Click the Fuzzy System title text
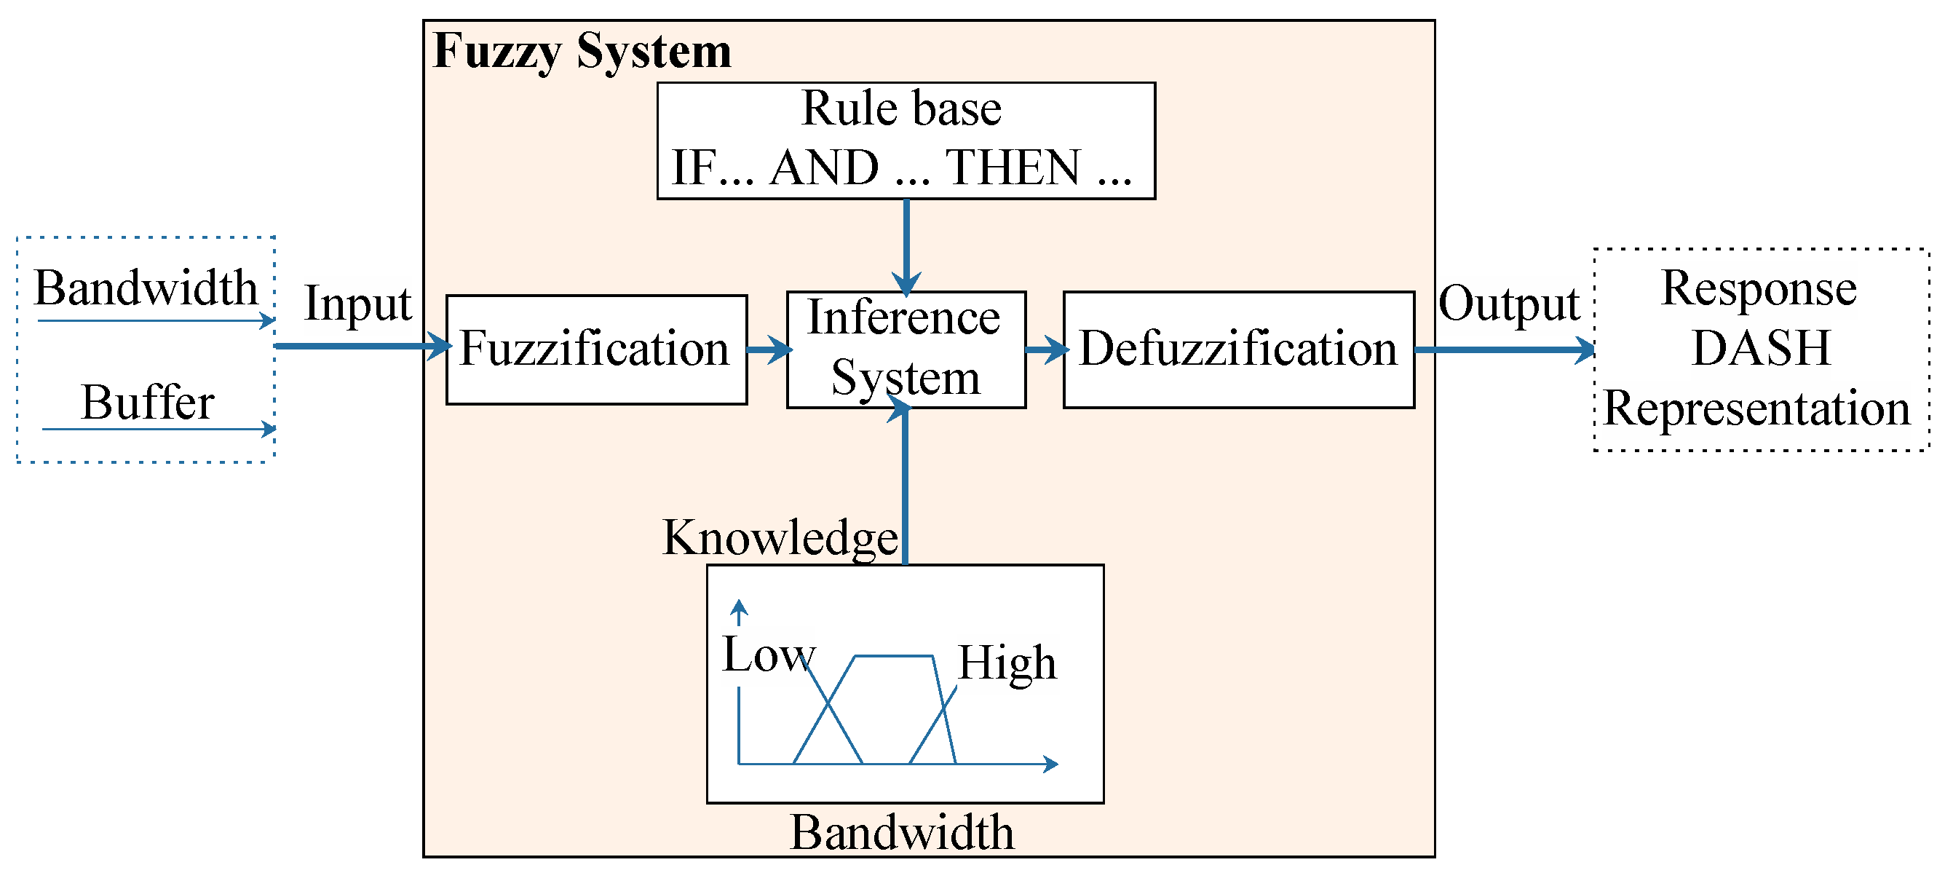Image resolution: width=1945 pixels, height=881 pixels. pos(582,52)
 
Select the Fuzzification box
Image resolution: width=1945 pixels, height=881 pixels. pos(595,349)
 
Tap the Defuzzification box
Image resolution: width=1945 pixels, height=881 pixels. pos(1237,349)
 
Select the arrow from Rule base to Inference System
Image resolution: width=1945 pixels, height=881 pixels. pos(906,245)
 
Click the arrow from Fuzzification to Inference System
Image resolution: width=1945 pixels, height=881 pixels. pos(768,349)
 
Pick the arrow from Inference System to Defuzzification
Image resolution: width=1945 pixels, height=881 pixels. pos(1046,349)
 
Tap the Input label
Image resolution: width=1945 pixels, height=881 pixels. pos(358,304)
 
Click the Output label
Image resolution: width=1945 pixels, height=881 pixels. pos(1508,304)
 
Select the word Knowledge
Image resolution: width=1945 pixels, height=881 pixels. pos(780,537)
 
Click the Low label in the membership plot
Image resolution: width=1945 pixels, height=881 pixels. pos(768,655)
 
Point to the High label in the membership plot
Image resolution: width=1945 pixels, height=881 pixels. pos(1007,663)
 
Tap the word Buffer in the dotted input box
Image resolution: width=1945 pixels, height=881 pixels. pos(148,403)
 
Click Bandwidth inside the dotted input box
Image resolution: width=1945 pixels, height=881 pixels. pos(146,288)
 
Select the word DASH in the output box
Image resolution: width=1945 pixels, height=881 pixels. pos(1761,348)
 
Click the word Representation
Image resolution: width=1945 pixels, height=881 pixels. pos(1756,408)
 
